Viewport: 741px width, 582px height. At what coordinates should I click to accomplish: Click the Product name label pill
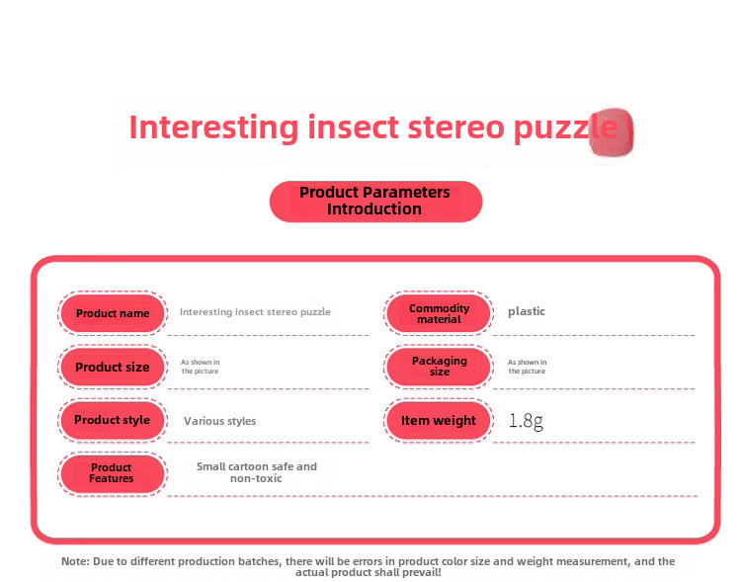tap(113, 313)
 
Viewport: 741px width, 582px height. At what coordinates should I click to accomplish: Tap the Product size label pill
tap(113, 367)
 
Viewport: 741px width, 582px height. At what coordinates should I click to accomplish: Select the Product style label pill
tap(113, 420)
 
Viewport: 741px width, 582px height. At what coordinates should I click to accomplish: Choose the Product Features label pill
tap(113, 473)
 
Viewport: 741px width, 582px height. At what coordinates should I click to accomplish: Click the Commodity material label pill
tap(439, 313)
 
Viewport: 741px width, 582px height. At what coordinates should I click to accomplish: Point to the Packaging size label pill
tap(439, 367)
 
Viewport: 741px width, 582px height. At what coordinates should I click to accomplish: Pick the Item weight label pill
tap(439, 420)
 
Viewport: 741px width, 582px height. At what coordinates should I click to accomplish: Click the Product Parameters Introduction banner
tap(375, 201)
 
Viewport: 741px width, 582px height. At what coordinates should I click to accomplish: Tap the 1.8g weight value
tap(526, 421)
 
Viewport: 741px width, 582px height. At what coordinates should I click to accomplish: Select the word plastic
tap(526, 311)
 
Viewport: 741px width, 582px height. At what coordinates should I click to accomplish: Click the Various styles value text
tap(219, 421)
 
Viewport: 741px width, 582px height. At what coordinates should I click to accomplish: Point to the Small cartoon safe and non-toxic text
tap(257, 472)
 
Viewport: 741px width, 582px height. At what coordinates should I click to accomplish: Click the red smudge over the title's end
tap(612, 131)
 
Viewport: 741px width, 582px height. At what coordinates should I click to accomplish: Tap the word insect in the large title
tap(353, 127)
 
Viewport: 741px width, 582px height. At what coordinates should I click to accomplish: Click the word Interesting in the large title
tap(213, 128)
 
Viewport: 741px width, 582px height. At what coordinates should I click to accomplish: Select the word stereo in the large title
tap(456, 128)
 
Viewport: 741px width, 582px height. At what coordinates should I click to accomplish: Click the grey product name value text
tap(255, 312)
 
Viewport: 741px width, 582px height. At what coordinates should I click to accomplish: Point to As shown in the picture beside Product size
tap(200, 367)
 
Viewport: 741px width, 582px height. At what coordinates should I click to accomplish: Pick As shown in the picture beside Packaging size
tap(527, 367)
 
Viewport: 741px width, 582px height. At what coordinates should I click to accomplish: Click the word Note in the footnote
tap(75, 561)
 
